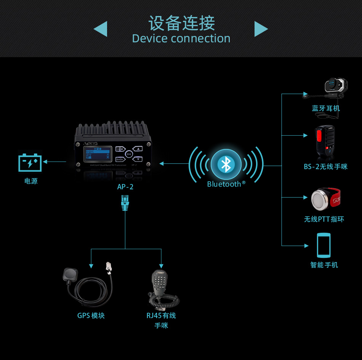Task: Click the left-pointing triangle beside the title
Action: (x=101, y=29)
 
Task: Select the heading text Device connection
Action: (x=181, y=38)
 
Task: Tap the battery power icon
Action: (x=30, y=162)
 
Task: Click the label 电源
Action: (x=31, y=181)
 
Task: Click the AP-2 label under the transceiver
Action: (x=125, y=187)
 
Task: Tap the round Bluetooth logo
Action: (x=226, y=164)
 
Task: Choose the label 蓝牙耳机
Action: (x=326, y=109)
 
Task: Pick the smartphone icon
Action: (x=324, y=245)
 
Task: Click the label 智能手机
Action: (x=324, y=265)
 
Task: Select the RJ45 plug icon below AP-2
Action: (x=125, y=203)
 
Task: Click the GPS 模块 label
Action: (x=91, y=315)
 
